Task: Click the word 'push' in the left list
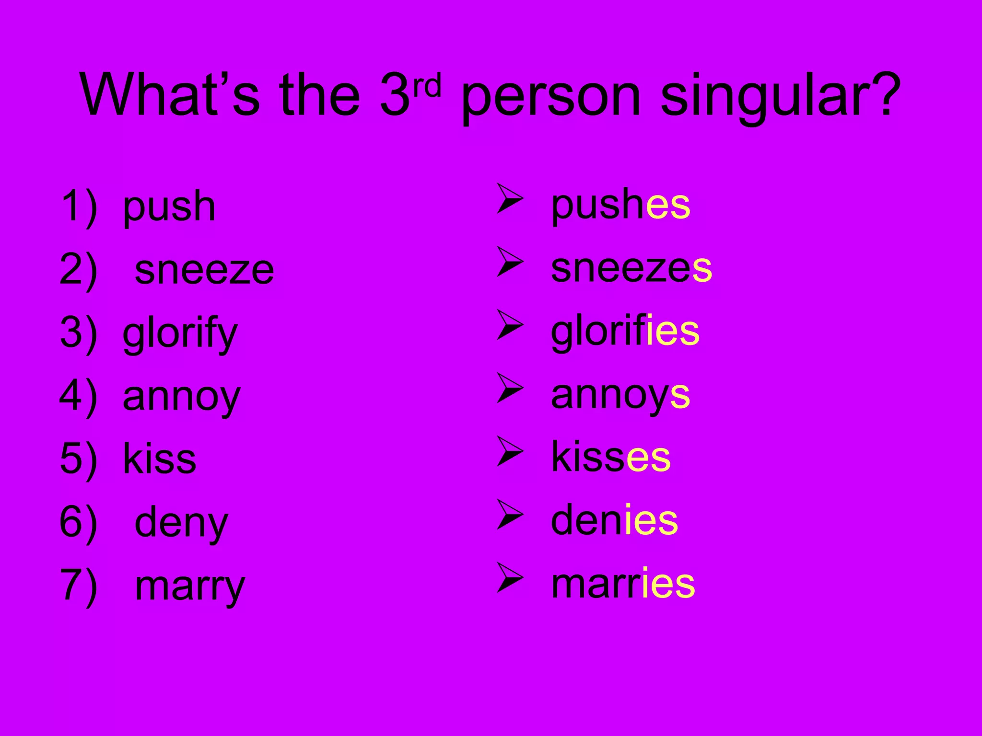click(x=169, y=207)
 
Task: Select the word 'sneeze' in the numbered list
click(x=204, y=270)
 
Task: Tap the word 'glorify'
click(x=180, y=333)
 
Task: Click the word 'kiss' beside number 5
click(x=159, y=459)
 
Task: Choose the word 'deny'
click(x=181, y=522)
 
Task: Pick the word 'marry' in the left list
click(x=190, y=586)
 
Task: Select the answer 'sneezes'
click(x=631, y=268)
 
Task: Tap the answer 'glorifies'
click(x=625, y=332)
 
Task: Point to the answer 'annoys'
click(x=620, y=395)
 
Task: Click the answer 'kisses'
click(x=611, y=457)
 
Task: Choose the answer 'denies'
click(x=614, y=520)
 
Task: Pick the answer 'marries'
click(x=623, y=584)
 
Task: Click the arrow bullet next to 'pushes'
click(x=509, y=198)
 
